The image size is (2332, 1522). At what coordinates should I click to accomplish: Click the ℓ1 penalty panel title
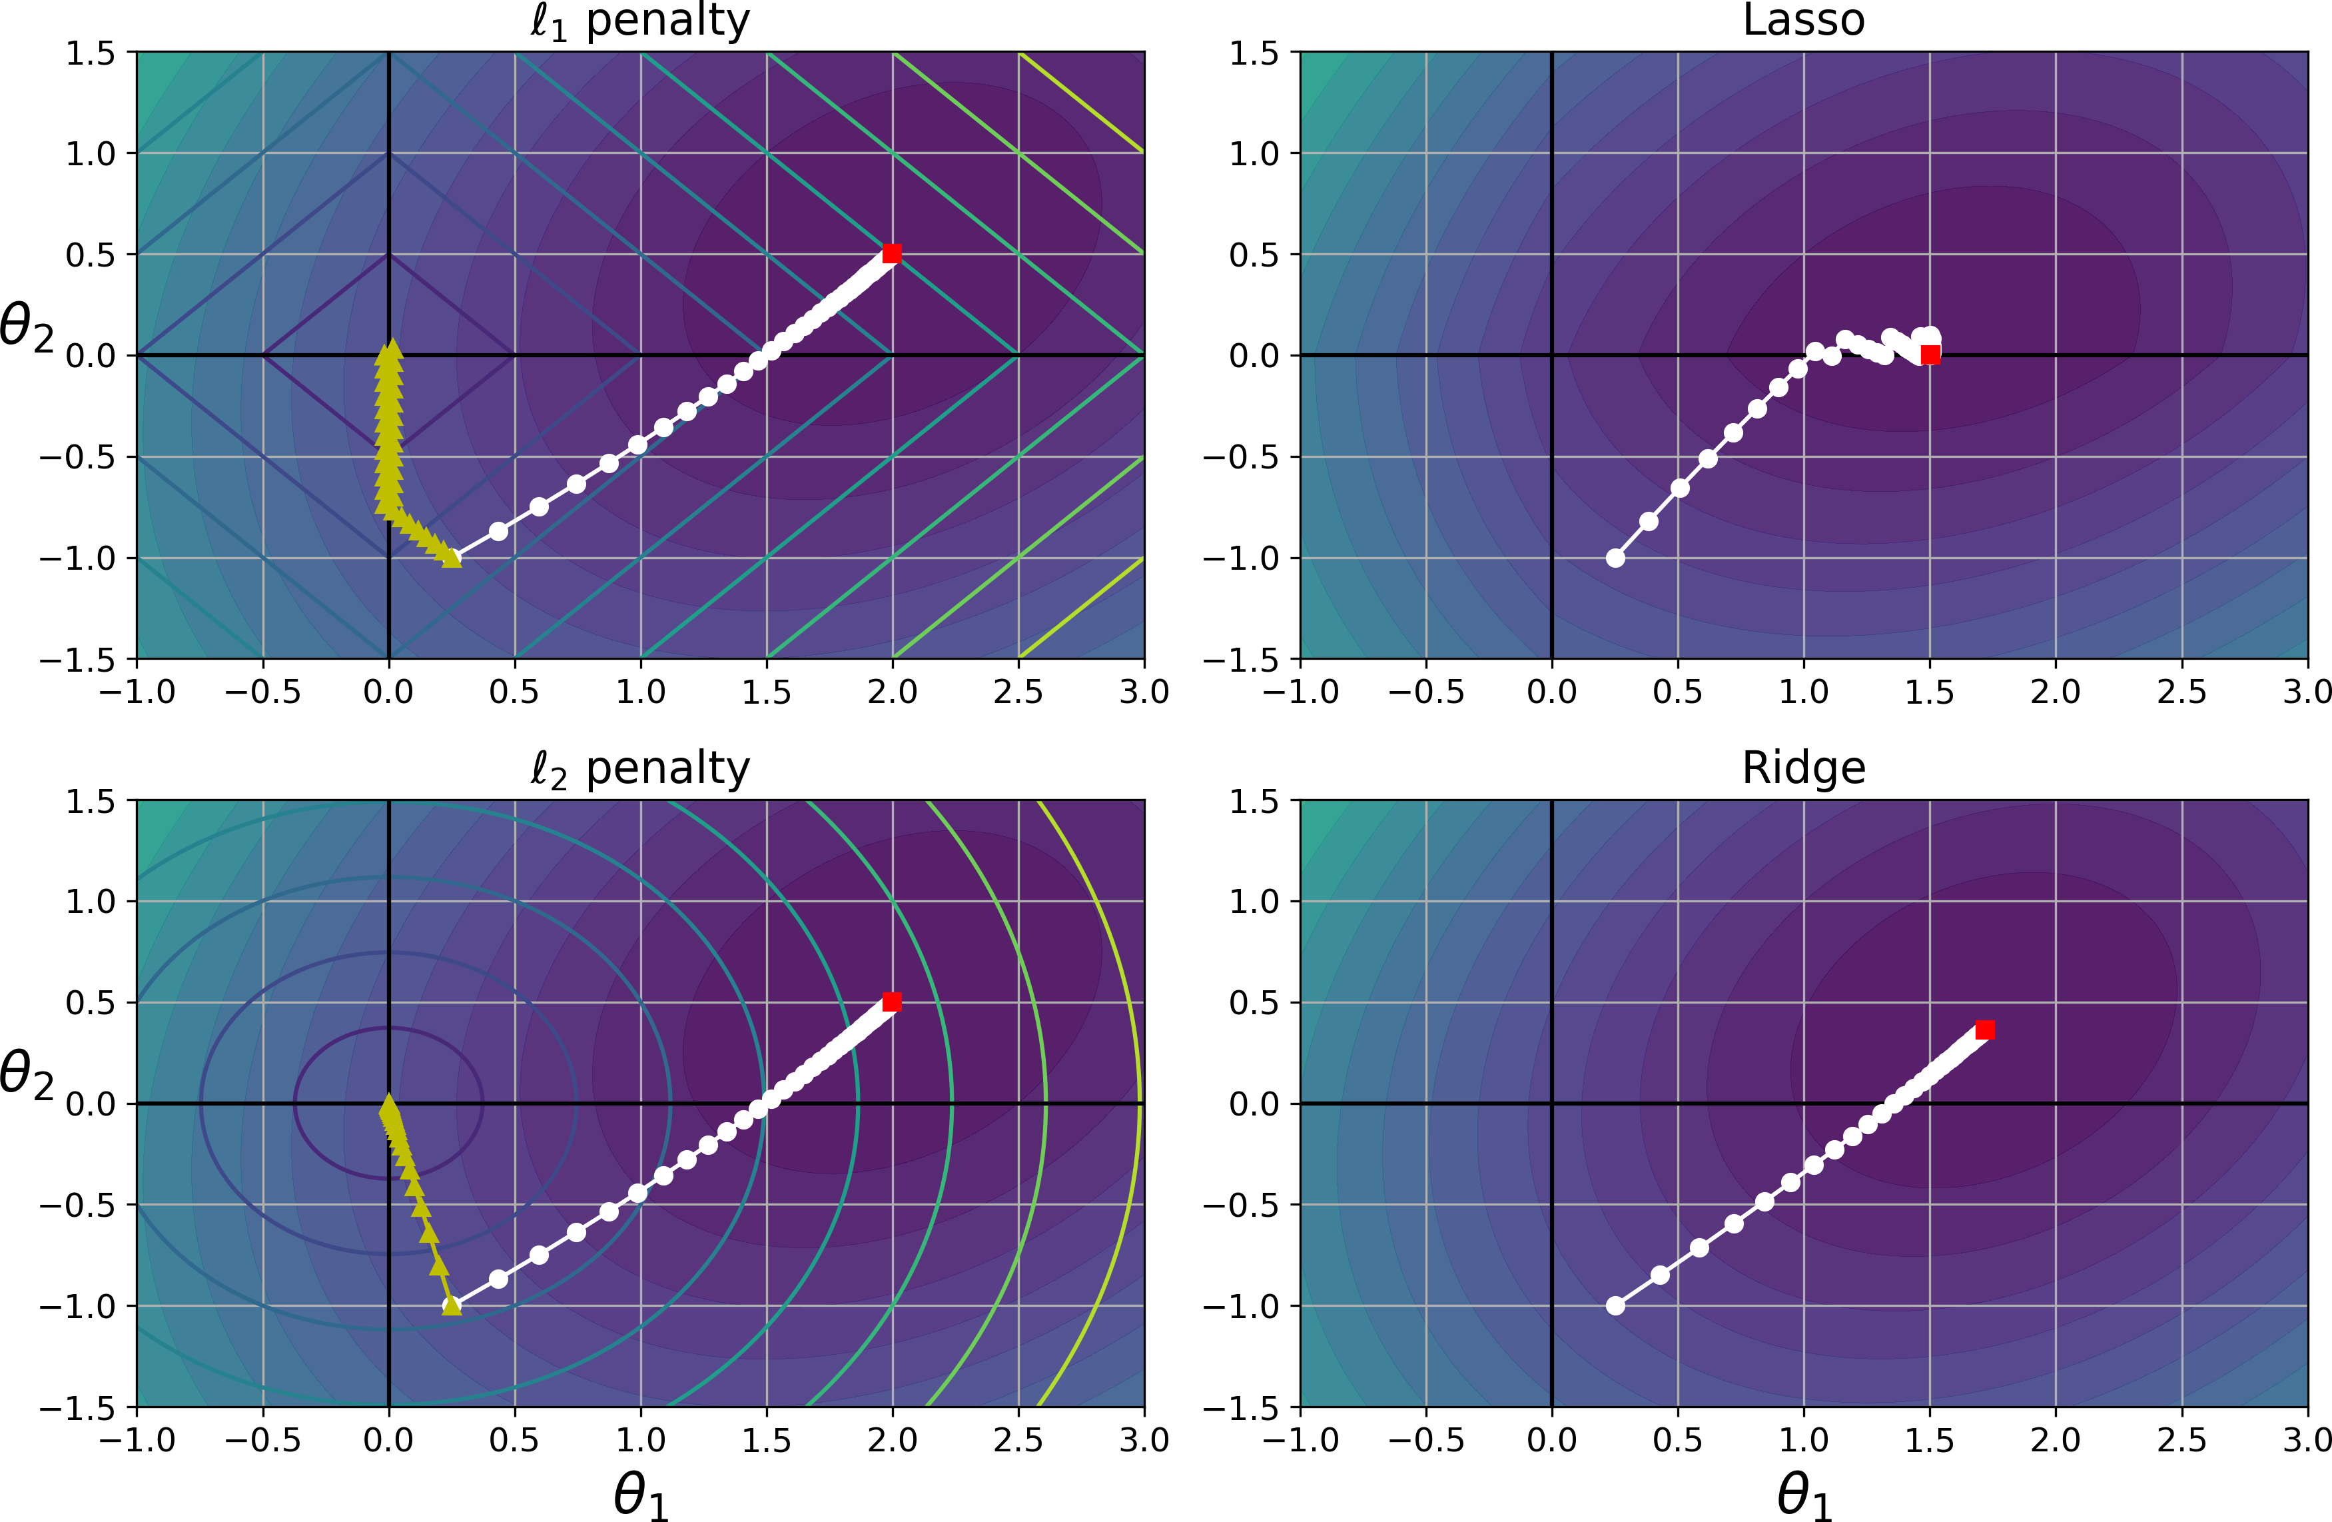coord(640,21)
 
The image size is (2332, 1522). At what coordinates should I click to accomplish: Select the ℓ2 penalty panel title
coord(640,770)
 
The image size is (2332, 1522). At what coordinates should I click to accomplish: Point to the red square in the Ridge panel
coord(1985,1029)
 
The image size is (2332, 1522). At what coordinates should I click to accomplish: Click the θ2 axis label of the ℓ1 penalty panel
coord(27,327)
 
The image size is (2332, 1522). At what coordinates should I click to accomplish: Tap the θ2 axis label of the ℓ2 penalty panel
coord(27,1074)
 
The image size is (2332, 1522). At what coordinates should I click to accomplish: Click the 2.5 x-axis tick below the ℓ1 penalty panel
coord(1018,692)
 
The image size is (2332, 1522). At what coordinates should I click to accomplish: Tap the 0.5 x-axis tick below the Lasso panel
coord(1677,692)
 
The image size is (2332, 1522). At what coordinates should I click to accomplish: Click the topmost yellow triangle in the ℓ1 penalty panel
coord(392,347)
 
